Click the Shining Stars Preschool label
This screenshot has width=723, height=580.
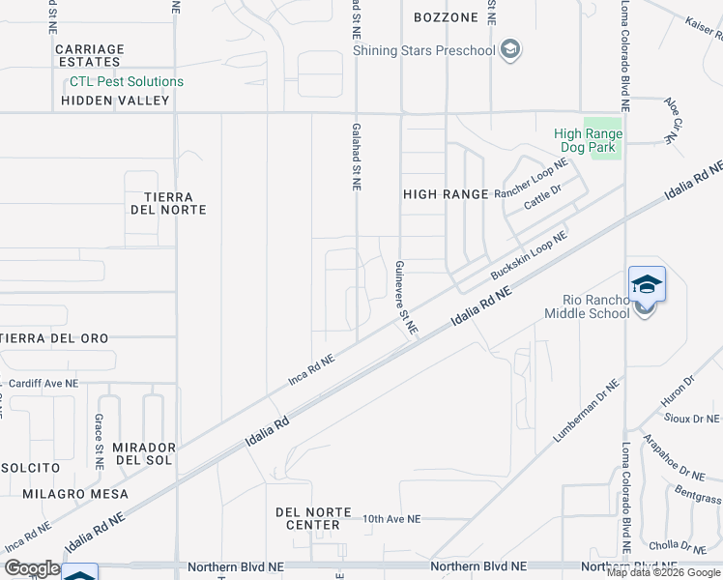[423, 50]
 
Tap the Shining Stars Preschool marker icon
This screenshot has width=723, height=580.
[511, 50]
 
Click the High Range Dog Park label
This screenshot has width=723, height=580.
[589, 141]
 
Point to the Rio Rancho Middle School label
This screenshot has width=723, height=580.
[587, 305]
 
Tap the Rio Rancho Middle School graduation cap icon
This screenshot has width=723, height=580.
[647, 284]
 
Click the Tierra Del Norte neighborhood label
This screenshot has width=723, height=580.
[167, 203]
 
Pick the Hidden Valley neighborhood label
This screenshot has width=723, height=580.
[115, 101]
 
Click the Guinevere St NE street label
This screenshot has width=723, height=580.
[405, 297]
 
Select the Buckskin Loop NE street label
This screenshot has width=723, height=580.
[528, 256]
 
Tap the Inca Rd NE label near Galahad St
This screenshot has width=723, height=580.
[311, 370]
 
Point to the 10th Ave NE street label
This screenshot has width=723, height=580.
[391, 519]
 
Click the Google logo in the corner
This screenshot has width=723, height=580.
[31, 568]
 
